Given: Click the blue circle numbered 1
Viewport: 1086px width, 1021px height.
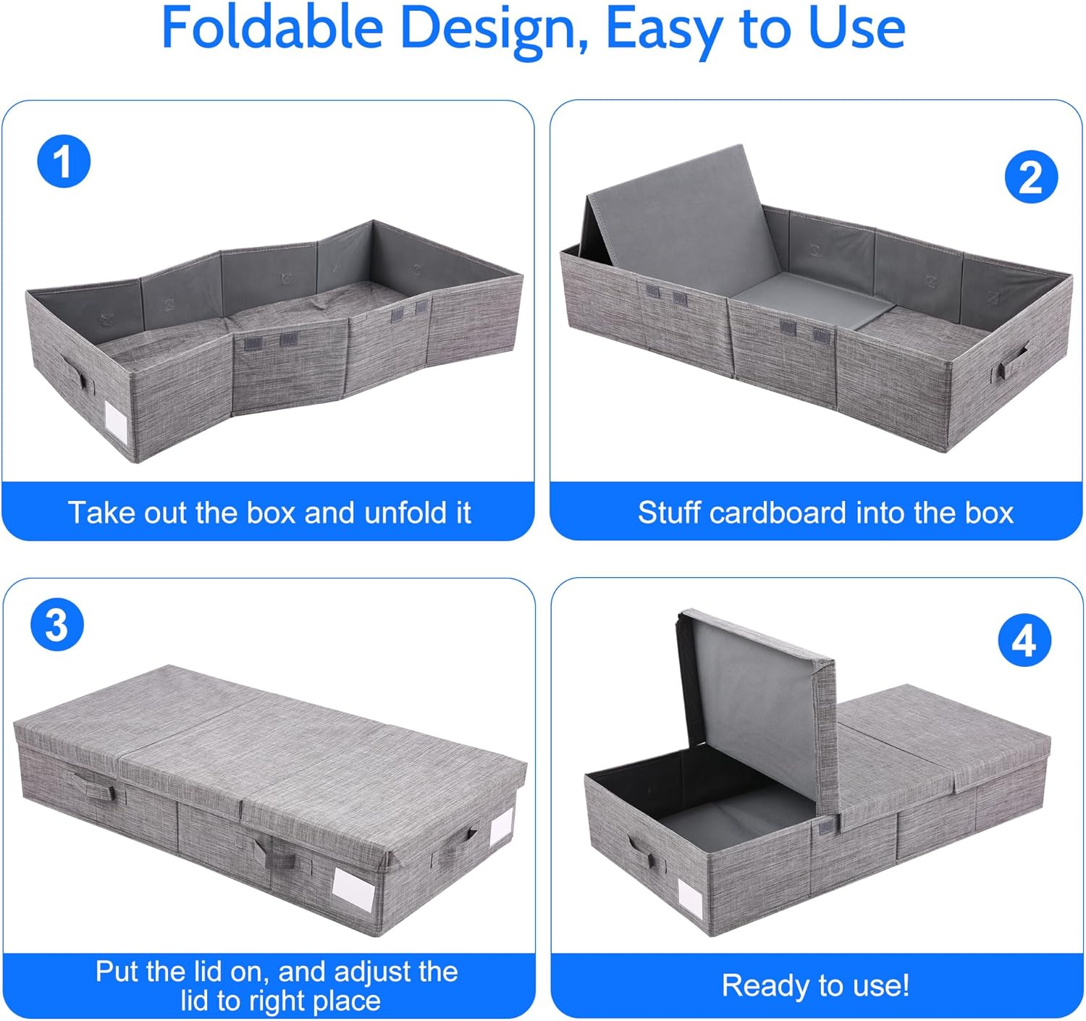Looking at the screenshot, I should pyautogui.click(x=64, y=161).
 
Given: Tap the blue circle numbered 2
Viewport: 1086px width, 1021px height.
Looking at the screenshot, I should pyautogui.click(x=1031, y=177).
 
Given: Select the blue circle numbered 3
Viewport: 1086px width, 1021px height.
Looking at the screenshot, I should pyautogui.click(x=57, y=624).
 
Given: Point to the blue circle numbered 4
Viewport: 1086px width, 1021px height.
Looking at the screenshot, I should pyautogui.click(x=1024, y=640).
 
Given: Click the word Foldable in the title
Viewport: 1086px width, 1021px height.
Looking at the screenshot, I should pyautogui.click(x=271, y=29).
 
